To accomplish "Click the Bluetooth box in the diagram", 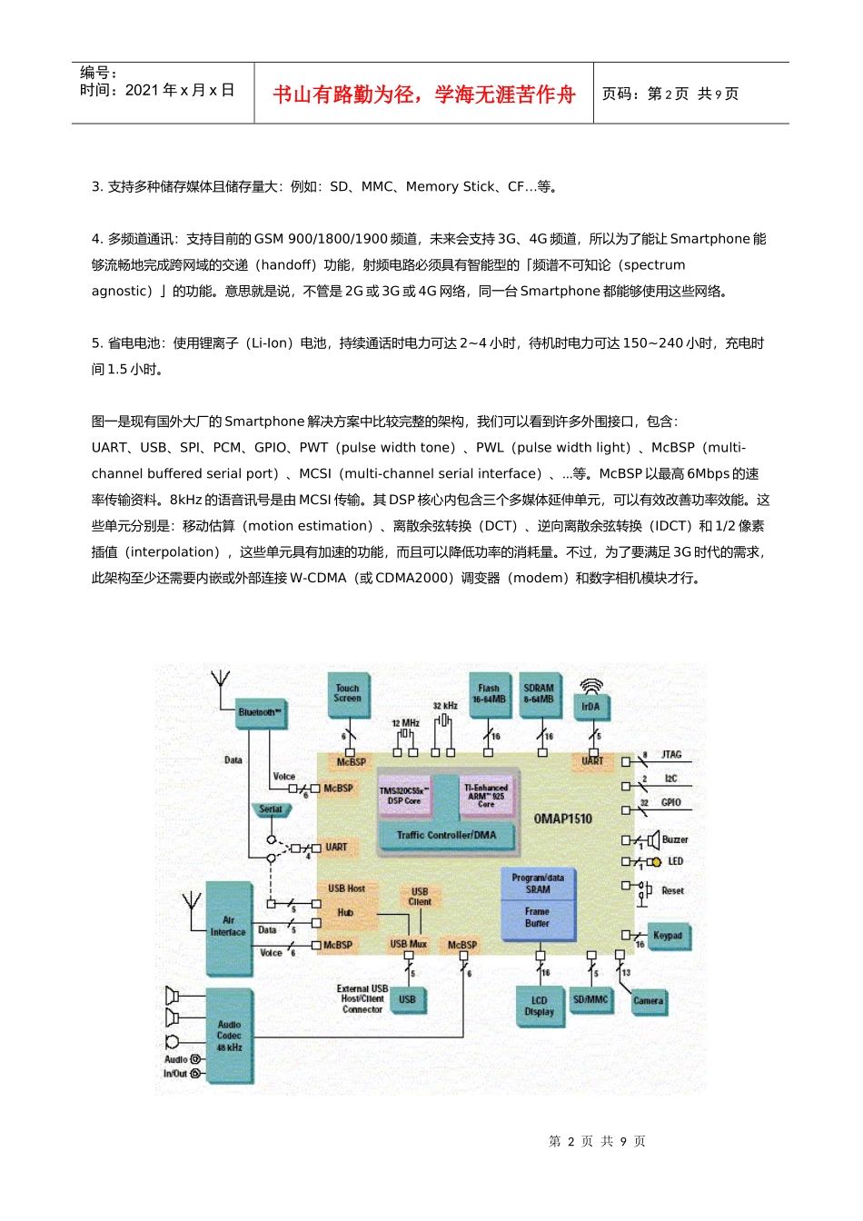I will click(261, 712).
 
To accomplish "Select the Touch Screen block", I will click(347, 694).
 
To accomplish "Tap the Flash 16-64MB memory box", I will click(489, 694).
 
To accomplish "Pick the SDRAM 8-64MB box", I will click(539, 694).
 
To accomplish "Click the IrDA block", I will click(590, 706).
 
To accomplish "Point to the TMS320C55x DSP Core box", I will click(404, 796).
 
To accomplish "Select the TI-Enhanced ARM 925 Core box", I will click(486, 796).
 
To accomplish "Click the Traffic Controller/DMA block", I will click(446, 835).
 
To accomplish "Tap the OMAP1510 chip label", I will click(562, 819).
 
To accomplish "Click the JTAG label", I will click(671, 755).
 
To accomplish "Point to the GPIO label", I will click(671, 803).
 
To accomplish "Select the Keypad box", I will click(668, 936).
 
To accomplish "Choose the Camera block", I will click(648, 1001).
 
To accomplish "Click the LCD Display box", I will click(539, 1006).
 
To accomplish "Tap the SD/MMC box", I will click(590, 999).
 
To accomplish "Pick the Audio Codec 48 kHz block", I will click(229, 1036).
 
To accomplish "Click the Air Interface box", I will click(228, 927).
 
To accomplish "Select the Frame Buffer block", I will click(537, 918).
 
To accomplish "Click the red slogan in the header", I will click(424, 94).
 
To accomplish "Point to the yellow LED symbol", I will click(657, 862).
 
